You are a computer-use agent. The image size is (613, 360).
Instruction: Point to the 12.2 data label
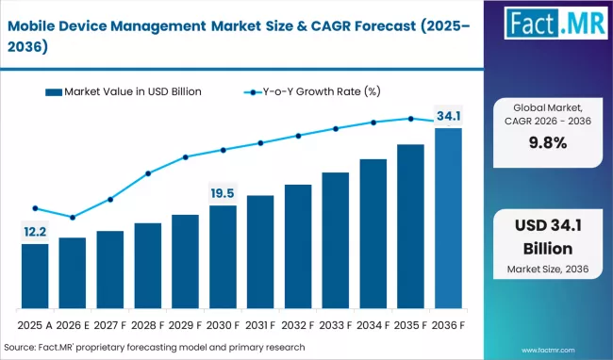point(35,231)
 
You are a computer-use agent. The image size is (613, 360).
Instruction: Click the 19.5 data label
point(223,193)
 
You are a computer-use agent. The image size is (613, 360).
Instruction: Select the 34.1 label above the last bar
point(448,116)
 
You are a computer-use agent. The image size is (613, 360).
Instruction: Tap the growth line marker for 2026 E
point(73,218)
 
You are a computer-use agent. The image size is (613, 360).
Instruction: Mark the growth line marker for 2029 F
point(185,157)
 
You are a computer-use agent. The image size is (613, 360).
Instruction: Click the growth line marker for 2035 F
point(410,119)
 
